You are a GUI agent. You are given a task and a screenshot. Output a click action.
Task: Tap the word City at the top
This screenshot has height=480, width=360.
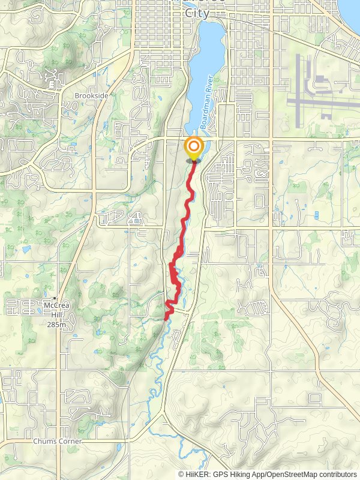(197, 13)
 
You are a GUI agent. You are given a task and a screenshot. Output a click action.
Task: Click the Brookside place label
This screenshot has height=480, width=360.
(91, 95)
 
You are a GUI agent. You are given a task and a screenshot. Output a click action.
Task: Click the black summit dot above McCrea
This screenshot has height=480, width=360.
(55, 298)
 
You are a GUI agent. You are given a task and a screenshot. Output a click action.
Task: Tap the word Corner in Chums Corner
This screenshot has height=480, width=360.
(69, 442)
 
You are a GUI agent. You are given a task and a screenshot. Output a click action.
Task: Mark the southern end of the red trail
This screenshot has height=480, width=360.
(166, 319)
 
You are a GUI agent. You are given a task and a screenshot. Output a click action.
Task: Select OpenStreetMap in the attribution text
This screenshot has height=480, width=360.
(291, 474)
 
